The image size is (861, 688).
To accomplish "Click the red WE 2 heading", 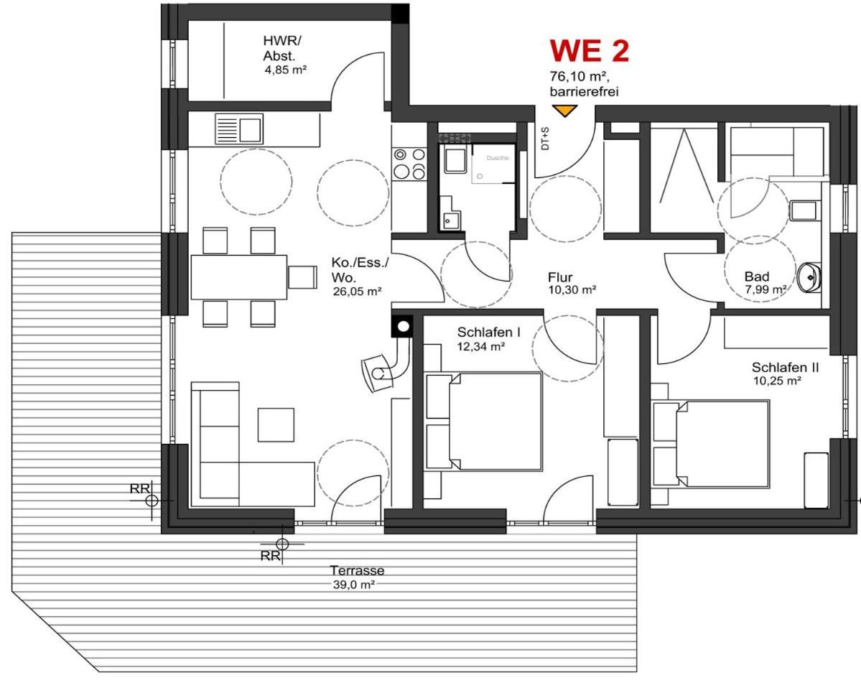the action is click(589, 50).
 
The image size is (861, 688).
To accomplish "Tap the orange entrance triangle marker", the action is click(564, 111).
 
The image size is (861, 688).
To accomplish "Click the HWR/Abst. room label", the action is click(283, 48).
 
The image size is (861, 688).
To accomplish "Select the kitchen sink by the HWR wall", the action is click(239, 129).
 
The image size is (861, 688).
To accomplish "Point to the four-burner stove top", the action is click(409, 164).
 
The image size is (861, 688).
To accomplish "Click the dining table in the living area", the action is click(239, 276).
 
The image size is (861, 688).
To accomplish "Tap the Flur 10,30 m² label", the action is click(572, 284).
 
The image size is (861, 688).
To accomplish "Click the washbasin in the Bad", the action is click(809, 277).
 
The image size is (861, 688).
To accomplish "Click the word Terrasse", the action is click(357, 570).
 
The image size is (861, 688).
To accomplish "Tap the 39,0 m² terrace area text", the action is click(353, 585).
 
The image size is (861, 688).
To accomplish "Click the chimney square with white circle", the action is click(403, 327).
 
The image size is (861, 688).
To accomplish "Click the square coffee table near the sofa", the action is click(276, 424).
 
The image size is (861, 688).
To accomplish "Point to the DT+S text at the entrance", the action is click(545, 139).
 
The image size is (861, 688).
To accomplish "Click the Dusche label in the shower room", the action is click(498, 158).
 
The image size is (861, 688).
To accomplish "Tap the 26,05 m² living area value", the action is click(357, 292).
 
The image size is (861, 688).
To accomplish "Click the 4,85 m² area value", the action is click(285, 70).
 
